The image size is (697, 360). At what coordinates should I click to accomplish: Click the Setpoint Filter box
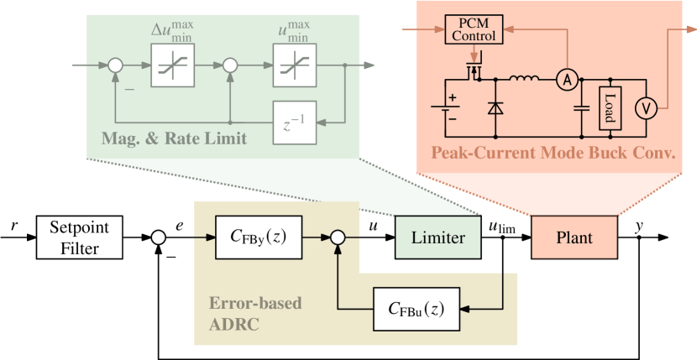[79, 237]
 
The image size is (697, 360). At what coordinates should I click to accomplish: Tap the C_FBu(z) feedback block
[417, 308]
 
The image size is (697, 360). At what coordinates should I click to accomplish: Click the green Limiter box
[437, 237]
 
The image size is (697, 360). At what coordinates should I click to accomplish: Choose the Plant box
[574, 237]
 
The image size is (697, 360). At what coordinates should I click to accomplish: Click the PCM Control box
[474, 31]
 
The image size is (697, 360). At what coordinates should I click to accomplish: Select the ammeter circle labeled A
[568, 80]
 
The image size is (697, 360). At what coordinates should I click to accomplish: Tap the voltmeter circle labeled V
[644, 107]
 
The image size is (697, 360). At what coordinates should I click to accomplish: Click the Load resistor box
[610, 107]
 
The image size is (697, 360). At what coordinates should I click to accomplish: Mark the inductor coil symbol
[524, 81]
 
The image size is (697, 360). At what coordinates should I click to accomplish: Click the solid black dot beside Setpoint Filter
[158, 237]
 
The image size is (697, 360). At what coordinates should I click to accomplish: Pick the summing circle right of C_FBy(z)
[337, 238]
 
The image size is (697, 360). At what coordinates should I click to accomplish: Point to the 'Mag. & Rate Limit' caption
[175, 138]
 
